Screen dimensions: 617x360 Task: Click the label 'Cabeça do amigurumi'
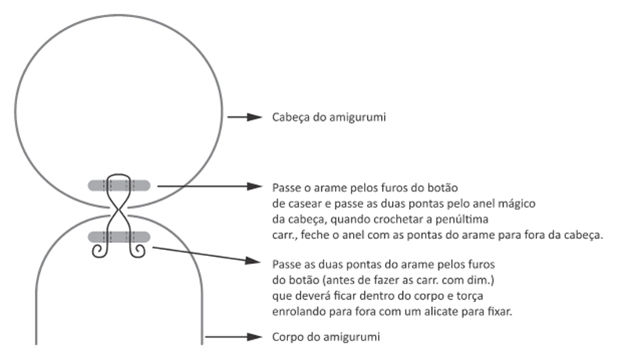tap(329, 117)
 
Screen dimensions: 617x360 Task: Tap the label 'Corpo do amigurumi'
tap(326, 337)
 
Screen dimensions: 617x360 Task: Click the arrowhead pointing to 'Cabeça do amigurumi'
tap(254, 117)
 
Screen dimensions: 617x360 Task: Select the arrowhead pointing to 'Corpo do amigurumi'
tap(254, 337)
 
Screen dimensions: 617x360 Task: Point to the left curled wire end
tap(98, 251)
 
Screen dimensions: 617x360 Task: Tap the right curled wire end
tap(137, 251)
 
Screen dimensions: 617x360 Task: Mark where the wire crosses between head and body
tap(119, 212)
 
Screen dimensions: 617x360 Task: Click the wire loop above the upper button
tap(119, 175)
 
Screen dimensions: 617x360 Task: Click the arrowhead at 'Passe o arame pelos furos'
tap(254, 186)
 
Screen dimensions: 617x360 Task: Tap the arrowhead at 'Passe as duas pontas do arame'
tap(252, 261)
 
